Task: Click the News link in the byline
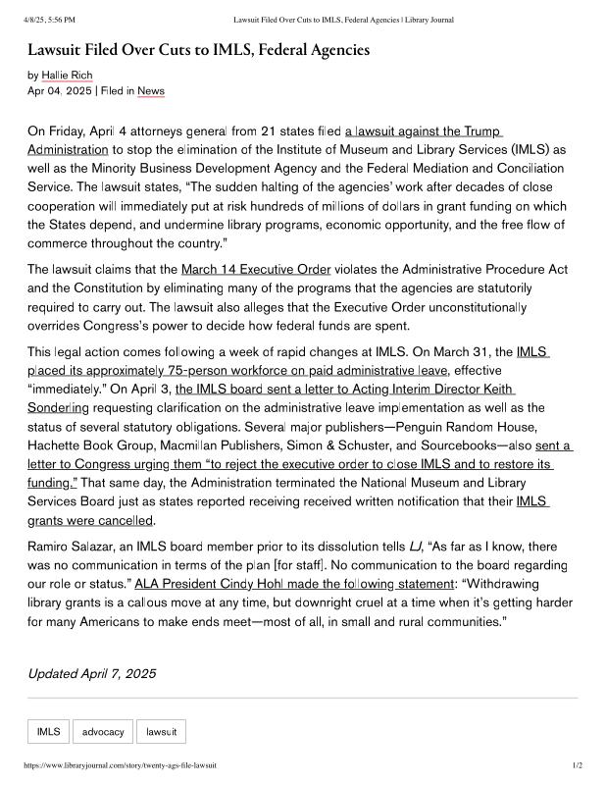(151, 91)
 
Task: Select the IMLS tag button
(48, 732)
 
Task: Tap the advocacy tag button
(103, 732)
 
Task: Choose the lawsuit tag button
(161, 732)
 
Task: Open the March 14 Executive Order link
(256, 269)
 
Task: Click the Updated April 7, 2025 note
(92, 673)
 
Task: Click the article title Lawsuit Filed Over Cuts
(191, 49)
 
